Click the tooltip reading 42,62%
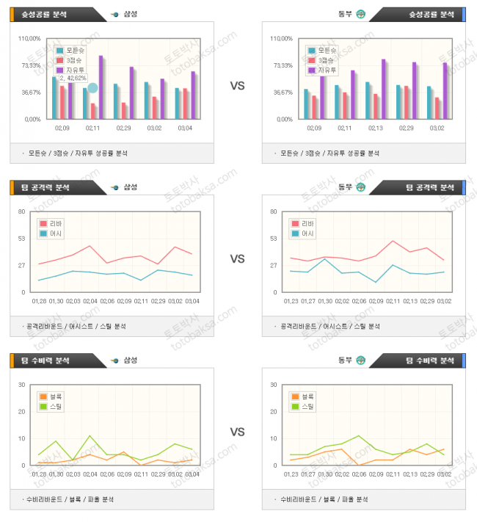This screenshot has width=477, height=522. point(72,78)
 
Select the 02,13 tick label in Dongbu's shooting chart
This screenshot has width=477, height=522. point(375,128)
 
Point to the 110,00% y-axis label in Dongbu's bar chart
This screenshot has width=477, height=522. point(281,38)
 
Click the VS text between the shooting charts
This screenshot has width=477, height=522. point(237,86)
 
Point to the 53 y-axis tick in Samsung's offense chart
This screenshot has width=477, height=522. point(21,238)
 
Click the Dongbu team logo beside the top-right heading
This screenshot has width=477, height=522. point(360,14)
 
